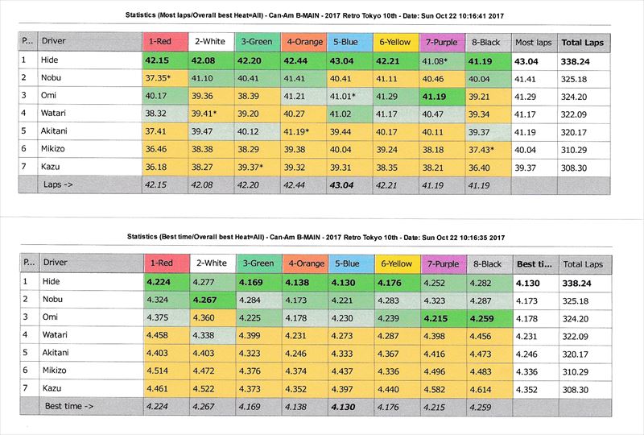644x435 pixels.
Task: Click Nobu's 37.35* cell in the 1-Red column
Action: coord(163,78)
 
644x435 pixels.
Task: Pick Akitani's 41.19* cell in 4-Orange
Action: coord(301,131)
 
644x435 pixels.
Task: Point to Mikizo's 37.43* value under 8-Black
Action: coord(485,150)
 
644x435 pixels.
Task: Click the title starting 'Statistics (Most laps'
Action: coord(322,14)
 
